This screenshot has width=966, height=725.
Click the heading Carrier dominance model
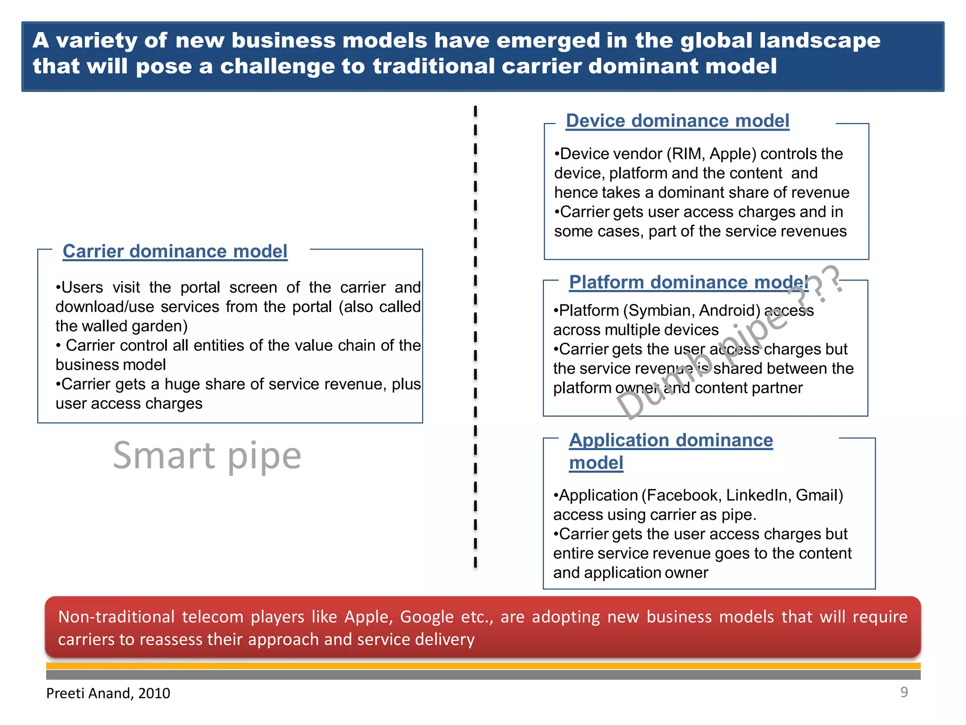[175, 251]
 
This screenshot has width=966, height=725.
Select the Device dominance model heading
[677, 121]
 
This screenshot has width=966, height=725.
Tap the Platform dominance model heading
[688, 282]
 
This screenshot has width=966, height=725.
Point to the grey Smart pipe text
[207, 456]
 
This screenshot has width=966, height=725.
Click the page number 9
[904, 692]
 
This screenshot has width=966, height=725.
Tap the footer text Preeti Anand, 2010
[108, 693]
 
